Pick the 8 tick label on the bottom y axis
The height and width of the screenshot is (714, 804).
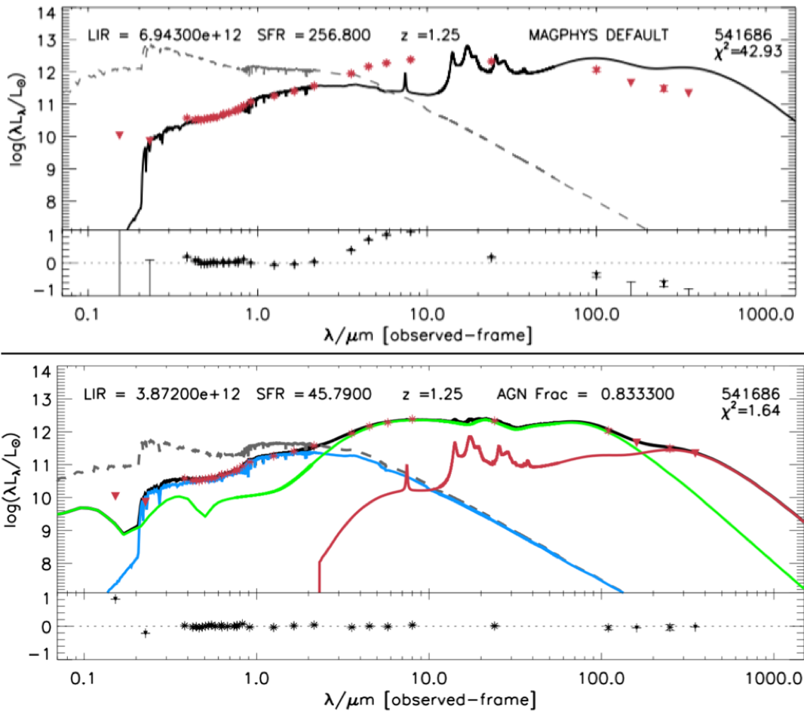click(x=48, y=564)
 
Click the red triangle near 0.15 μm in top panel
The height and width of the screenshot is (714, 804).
click(x=119, y=135)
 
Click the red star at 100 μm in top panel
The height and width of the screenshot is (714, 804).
click(x=597, y=69)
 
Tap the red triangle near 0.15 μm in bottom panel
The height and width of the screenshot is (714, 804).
click(x=115, y=495)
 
